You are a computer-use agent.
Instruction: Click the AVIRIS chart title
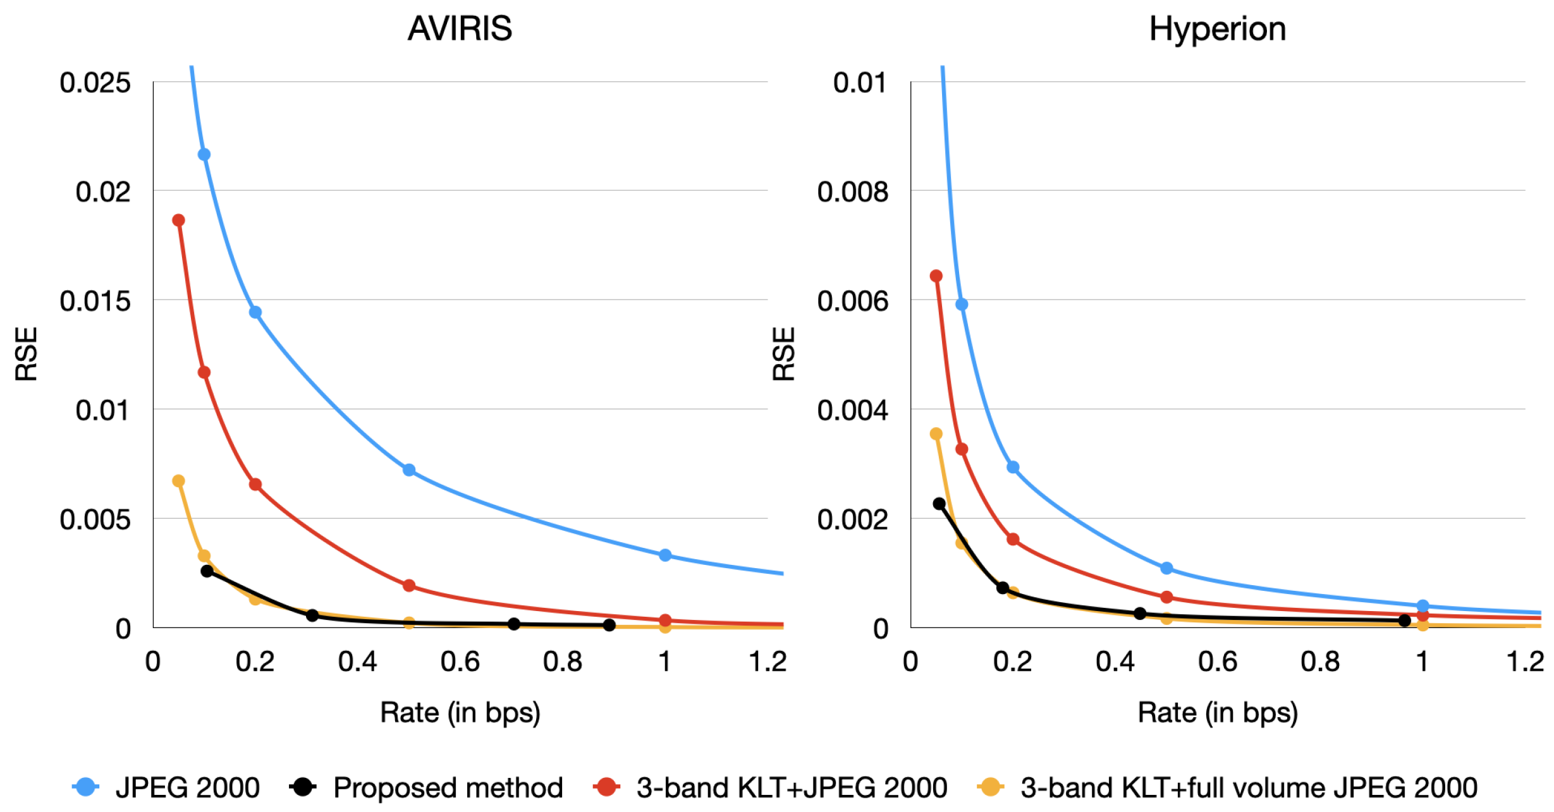pyautogui.click(x=460, y=28)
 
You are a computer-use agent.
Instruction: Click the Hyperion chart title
pyautogui.click(x=1217, y=28)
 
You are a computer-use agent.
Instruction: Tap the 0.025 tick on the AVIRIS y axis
pyautogui.click(x=95, y=83)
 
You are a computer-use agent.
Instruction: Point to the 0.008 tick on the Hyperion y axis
pyautogui.click(x=852, y=191)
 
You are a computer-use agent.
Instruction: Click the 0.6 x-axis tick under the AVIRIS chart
pyautogui.click(x=460, y=662)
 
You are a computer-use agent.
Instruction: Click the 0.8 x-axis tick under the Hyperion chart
pyautogui.click(x=1319, y=662)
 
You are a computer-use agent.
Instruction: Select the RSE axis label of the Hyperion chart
pyautogui.click(x=784, y=354)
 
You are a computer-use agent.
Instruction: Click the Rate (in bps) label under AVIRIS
pyautogui.click(x=460, y=712)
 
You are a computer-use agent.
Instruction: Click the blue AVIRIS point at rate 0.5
pyautogui.click(x=409, y=470)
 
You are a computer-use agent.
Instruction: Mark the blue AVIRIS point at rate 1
pyautogui.click(x=665, y=555)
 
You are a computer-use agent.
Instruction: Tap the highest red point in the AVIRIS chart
pyautogui.click(x=178, y=220)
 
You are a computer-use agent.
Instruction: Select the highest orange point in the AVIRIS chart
pyautogui.click(x=178, y=481)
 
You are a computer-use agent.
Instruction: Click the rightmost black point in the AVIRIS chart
pyautogui.click(x=609, y=625)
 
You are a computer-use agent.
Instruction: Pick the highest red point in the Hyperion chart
pyautogui.click(x=936, y=276)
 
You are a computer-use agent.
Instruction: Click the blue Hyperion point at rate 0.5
pyautogui.click(x=1166, y=568)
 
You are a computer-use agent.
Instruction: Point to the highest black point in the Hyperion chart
pyautogui.click(x=939, y=504)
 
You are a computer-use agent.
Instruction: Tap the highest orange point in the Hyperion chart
pyautogui.click(x=936, y=433)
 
